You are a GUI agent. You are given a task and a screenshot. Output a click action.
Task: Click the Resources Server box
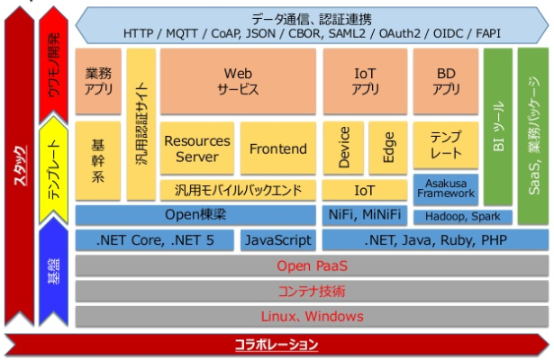(197, 149)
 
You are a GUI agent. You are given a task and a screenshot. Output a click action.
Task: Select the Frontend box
(277, 149)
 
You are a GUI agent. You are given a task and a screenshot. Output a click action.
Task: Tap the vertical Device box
(343, 149)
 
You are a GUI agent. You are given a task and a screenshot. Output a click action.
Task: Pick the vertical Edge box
(388, 149)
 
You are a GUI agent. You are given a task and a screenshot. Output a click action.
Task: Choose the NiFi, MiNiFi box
(364, 215)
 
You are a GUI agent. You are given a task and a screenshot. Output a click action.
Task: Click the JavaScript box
(277, 240)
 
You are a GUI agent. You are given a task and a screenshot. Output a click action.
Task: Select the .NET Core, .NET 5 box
(155, 240)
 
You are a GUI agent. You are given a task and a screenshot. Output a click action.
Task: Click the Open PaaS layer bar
(312, 266)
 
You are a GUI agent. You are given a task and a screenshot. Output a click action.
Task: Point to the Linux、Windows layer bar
(312, 317)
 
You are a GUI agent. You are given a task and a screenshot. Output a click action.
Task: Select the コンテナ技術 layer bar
(312, 292)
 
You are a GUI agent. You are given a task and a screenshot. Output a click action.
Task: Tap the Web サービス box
(238, 82)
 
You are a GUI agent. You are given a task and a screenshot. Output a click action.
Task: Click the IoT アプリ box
(364, 82)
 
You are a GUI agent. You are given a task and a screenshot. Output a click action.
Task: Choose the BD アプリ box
(446, 82)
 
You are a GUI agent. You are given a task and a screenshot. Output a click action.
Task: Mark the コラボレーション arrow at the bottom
(276, 345)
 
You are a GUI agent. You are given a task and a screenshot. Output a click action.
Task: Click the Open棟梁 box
(195, 215)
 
